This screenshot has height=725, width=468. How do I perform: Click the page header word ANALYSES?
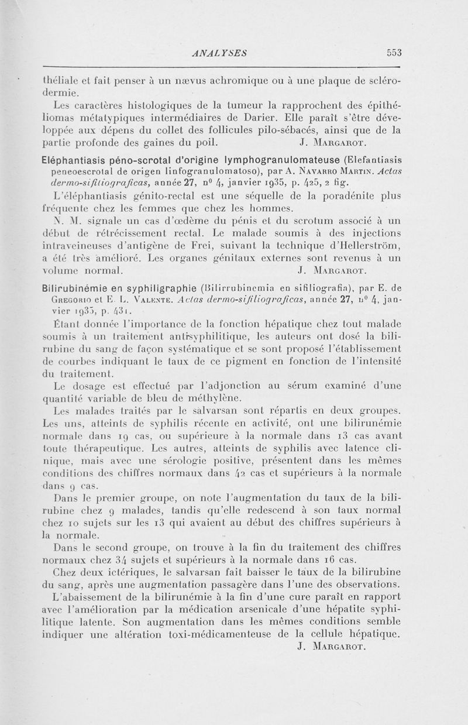click(x=219, y=53)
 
